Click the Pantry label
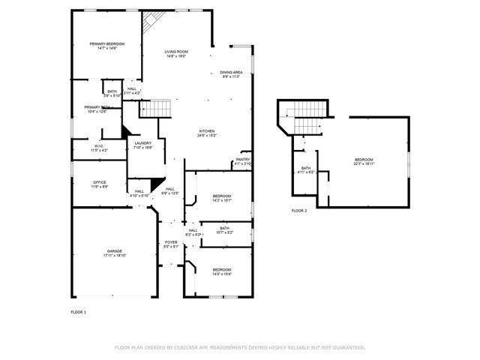pyautogui.click(x=243, y=160)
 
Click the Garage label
pyautogui.click(x=114, y=253)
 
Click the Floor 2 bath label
pyautogui.click(x=306, y=169)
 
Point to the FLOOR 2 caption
pyautogui.click(x=299, y=211)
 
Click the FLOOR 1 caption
pyautogui.click(x=79, y=311)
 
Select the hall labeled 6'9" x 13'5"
pyautogui.click(x=170, y=190)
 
